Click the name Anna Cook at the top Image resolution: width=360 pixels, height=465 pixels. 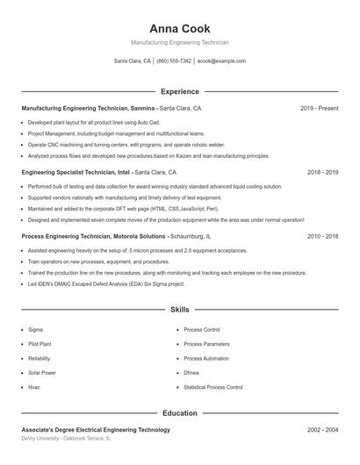click(x=179, y=28)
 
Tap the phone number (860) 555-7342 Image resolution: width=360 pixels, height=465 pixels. click(x=174, y=61)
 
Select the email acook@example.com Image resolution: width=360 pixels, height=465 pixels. click(x=221, y=61)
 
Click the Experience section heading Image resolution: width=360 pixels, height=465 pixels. click(x=179, y=91)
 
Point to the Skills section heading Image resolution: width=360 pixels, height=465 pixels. click(x=179, y=310)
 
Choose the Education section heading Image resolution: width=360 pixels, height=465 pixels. click(x=179, y=412)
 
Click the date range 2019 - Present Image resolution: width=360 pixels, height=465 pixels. click(x=319, y=108)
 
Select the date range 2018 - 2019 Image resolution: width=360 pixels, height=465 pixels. click(x=322, y=173)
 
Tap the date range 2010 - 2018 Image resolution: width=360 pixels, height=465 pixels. click(x=322, y=237)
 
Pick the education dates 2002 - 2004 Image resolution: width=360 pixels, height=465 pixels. click(x=322, y=430)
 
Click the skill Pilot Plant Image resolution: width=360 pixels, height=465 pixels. click(x=40, y=344)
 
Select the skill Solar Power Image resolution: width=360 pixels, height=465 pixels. click(x=41, y=373)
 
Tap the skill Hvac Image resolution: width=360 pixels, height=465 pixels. click(x=34, y=387)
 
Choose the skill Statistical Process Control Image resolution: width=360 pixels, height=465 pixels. click(x=212, y=387)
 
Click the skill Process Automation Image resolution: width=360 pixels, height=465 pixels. click(x=205, y=358)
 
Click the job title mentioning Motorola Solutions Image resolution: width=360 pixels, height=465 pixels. click(x=116, y=237)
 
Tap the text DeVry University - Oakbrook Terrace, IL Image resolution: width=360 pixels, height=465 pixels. click(x=66, y=438)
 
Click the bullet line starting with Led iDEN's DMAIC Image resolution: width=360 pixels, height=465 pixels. click(x=106, y=283)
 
